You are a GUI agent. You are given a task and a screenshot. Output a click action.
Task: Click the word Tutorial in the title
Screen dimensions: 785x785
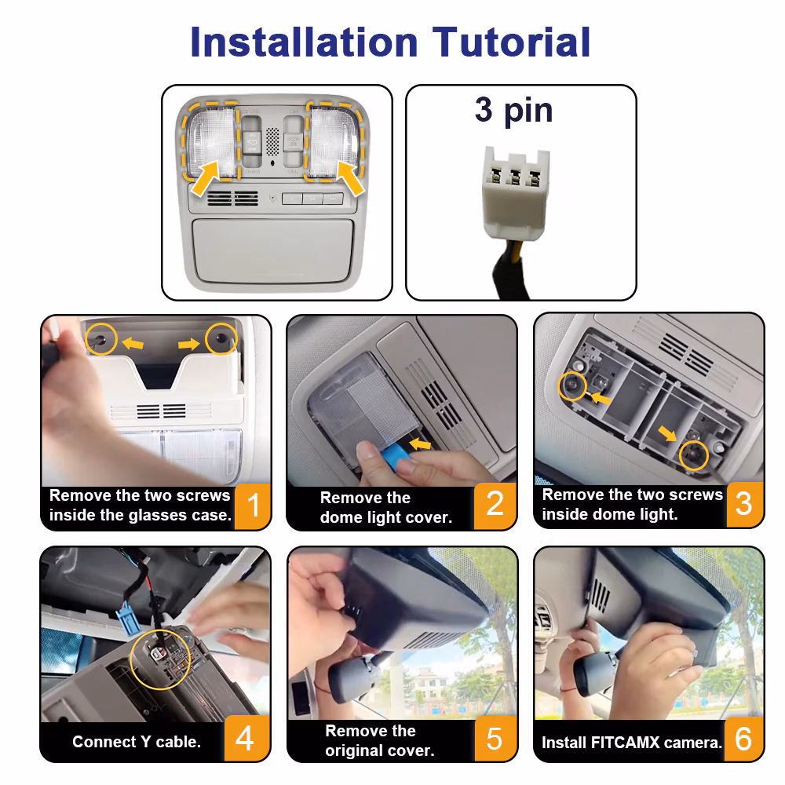tap(511, 42)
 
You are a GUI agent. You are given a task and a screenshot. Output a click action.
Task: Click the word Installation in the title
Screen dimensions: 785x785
tap(304, 42)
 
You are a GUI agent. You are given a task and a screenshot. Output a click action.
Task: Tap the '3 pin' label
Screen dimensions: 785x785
tap(513, 111)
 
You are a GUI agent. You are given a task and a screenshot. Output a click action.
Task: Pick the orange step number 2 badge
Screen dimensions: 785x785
tap(495, 505)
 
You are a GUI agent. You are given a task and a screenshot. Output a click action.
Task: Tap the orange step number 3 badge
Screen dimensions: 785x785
tap(744, 504)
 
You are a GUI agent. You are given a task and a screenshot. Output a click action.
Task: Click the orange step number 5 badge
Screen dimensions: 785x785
tap(495, 739)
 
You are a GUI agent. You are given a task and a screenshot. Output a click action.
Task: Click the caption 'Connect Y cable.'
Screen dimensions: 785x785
tap(136, 742)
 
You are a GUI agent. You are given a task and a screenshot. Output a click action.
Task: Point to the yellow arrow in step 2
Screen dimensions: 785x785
tap(420, 444)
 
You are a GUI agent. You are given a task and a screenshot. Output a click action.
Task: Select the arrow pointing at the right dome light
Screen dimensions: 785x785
tap(350, 177)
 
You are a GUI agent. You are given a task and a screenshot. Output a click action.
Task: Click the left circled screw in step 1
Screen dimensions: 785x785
tap(101, 339)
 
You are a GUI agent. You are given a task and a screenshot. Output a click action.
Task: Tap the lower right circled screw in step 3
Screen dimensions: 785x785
tap(694, 455)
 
